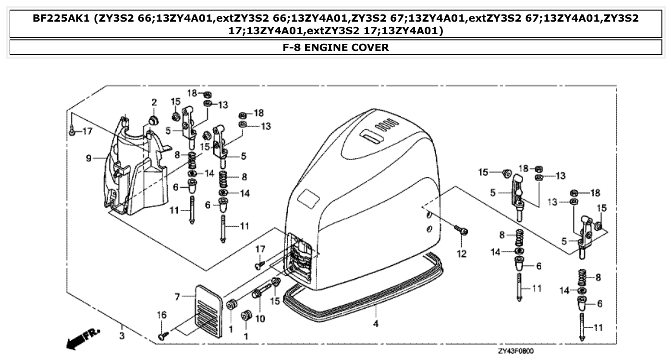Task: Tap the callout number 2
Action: [154, 102]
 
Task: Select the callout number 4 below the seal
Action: [376, 323]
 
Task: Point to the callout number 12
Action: [461, 254]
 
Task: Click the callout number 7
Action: [177, 297]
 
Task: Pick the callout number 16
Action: [162, 315]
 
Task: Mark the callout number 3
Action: [122, 335]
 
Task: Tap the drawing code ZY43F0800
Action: [515, 351]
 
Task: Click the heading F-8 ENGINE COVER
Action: [336, 47]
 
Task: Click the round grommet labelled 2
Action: [153, 120]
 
